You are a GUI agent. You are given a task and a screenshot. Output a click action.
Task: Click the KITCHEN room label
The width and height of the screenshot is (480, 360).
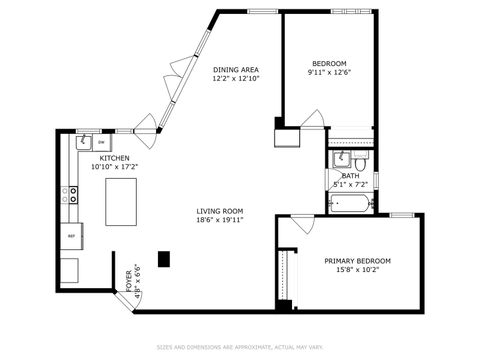coord(113,159)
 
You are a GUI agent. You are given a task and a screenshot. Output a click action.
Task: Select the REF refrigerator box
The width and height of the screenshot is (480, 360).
coord(71,236)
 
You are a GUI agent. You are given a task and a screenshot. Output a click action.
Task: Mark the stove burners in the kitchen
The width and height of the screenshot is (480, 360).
coord(72,194)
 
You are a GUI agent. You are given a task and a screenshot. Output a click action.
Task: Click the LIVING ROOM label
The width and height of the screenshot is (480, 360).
coord(219,210)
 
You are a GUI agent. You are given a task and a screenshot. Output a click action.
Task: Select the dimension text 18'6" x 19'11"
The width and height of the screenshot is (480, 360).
coord(219,219)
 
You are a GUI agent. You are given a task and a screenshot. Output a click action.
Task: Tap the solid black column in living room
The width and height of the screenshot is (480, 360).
coord(164,258)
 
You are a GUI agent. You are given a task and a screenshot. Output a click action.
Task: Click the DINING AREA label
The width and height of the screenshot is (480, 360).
coord(236,69)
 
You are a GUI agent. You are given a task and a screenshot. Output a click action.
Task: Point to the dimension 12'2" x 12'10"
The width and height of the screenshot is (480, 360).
coord(236,78)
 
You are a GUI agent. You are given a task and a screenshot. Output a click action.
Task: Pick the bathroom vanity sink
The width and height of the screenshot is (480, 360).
coord(339,159)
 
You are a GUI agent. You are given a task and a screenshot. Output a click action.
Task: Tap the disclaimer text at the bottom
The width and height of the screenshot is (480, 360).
coord(240,348)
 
